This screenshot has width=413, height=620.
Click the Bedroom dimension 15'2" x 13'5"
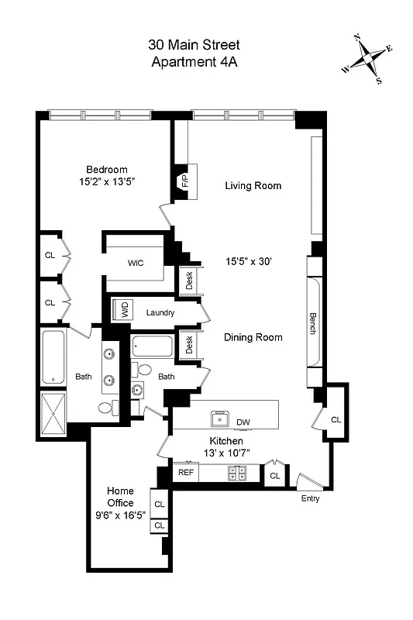(x=106, y=183)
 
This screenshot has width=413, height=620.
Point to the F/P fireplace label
(x=185, y=182)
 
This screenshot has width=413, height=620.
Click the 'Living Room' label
(x=253, y=186)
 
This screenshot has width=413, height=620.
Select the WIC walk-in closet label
(x=136, y=263)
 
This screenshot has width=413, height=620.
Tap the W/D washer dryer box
(x=123, y=311)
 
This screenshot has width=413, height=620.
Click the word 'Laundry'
(x=160, y=313)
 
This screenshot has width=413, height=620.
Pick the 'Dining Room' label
(x=253, y=337)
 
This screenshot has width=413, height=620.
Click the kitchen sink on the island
(x=221, y=419)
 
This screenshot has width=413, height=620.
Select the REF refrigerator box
(x=185, y=471)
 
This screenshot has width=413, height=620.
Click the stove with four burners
(x=237, y=473)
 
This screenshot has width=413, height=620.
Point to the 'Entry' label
(x=310, y=499)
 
